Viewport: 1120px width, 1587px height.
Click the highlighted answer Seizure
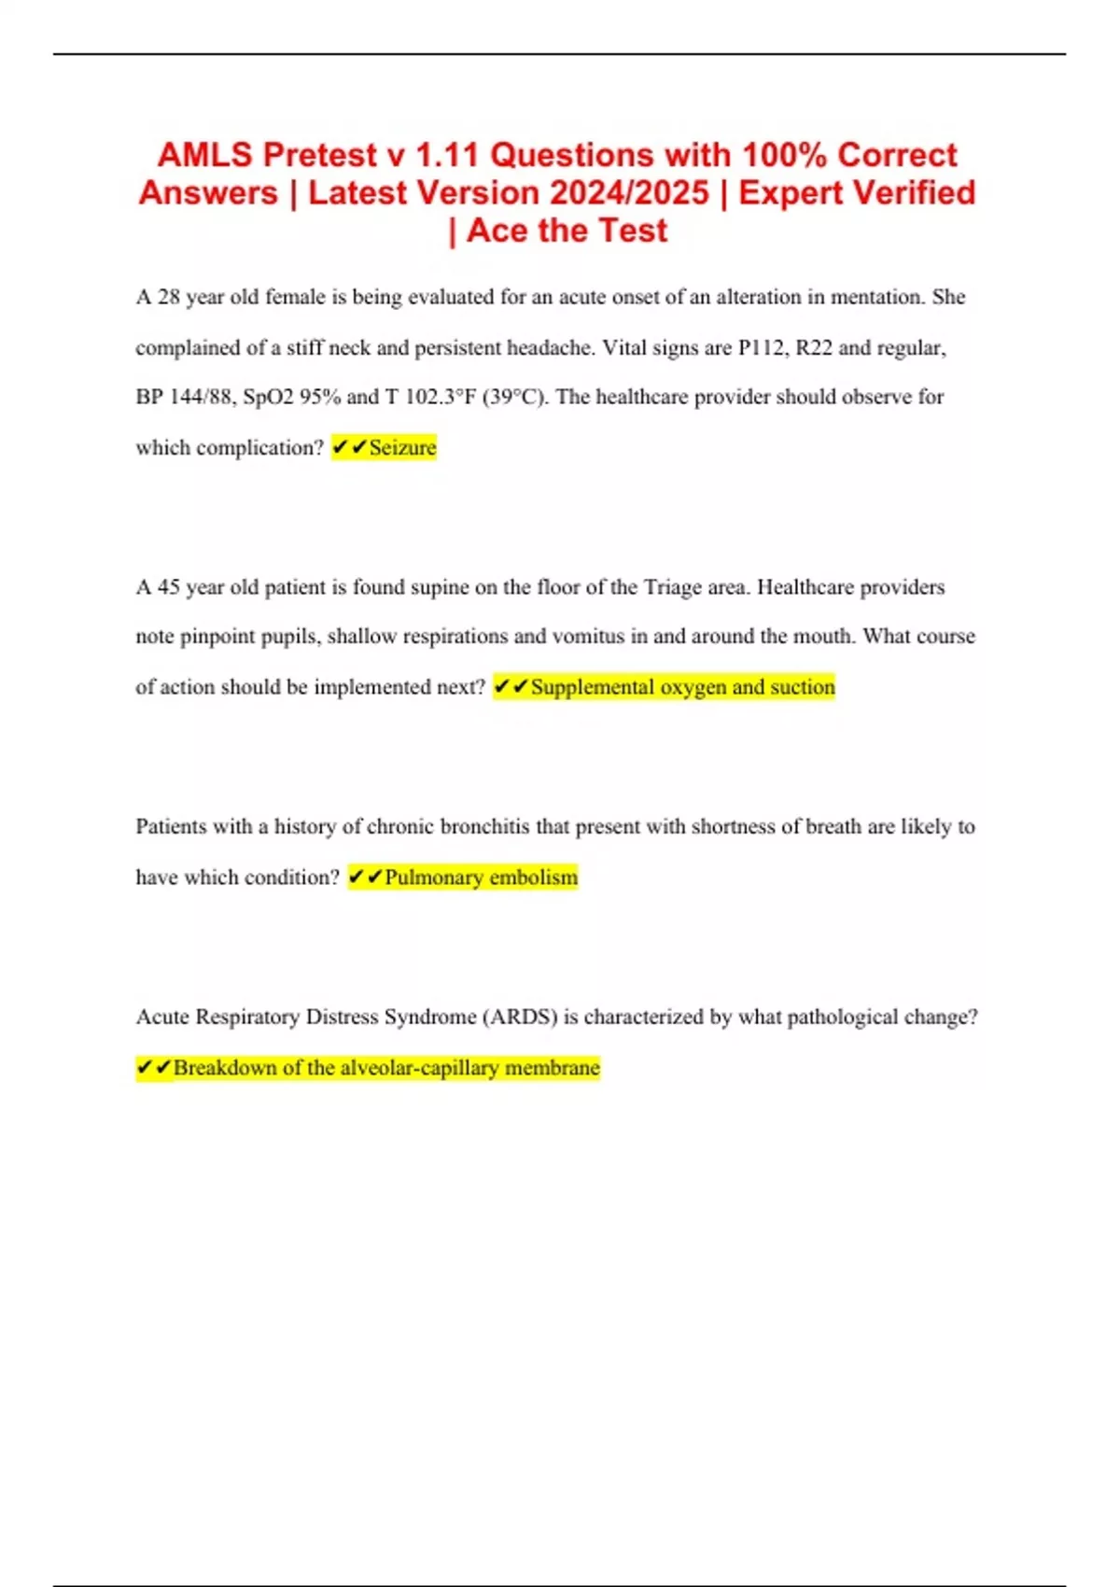402,448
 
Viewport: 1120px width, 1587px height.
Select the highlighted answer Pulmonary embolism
481,878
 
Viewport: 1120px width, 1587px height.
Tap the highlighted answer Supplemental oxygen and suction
682,687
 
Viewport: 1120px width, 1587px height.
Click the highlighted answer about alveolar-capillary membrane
385,1068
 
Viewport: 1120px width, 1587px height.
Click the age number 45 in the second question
168,587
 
